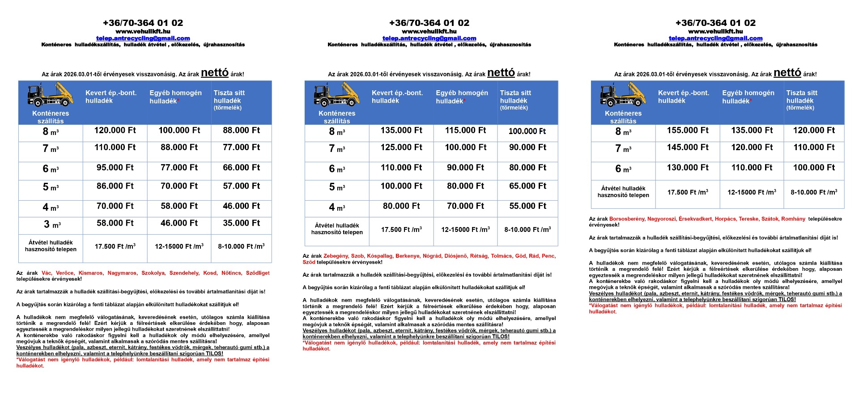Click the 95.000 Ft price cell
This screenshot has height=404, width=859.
point(115,168)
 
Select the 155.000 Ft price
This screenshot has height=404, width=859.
point(688,130)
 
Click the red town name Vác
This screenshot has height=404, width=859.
point(47,273)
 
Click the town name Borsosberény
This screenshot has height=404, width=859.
point(627,219)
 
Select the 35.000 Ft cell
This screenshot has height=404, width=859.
point(242,223)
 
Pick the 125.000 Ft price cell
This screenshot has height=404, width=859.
point(401,147)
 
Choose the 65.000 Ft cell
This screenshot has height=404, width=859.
point(528,186)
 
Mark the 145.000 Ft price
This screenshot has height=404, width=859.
point(688,147)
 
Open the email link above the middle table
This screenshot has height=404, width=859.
point(429,38)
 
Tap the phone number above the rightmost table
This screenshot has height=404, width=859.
point(715,23)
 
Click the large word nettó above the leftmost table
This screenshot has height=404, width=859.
point(215,73)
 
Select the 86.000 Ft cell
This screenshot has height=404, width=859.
point(115,186)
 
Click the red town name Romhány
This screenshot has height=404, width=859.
point(793,219)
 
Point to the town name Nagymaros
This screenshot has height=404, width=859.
point(122,273)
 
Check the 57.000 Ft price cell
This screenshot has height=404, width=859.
point(242,186)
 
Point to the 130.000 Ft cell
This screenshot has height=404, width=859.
point(688,168)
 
